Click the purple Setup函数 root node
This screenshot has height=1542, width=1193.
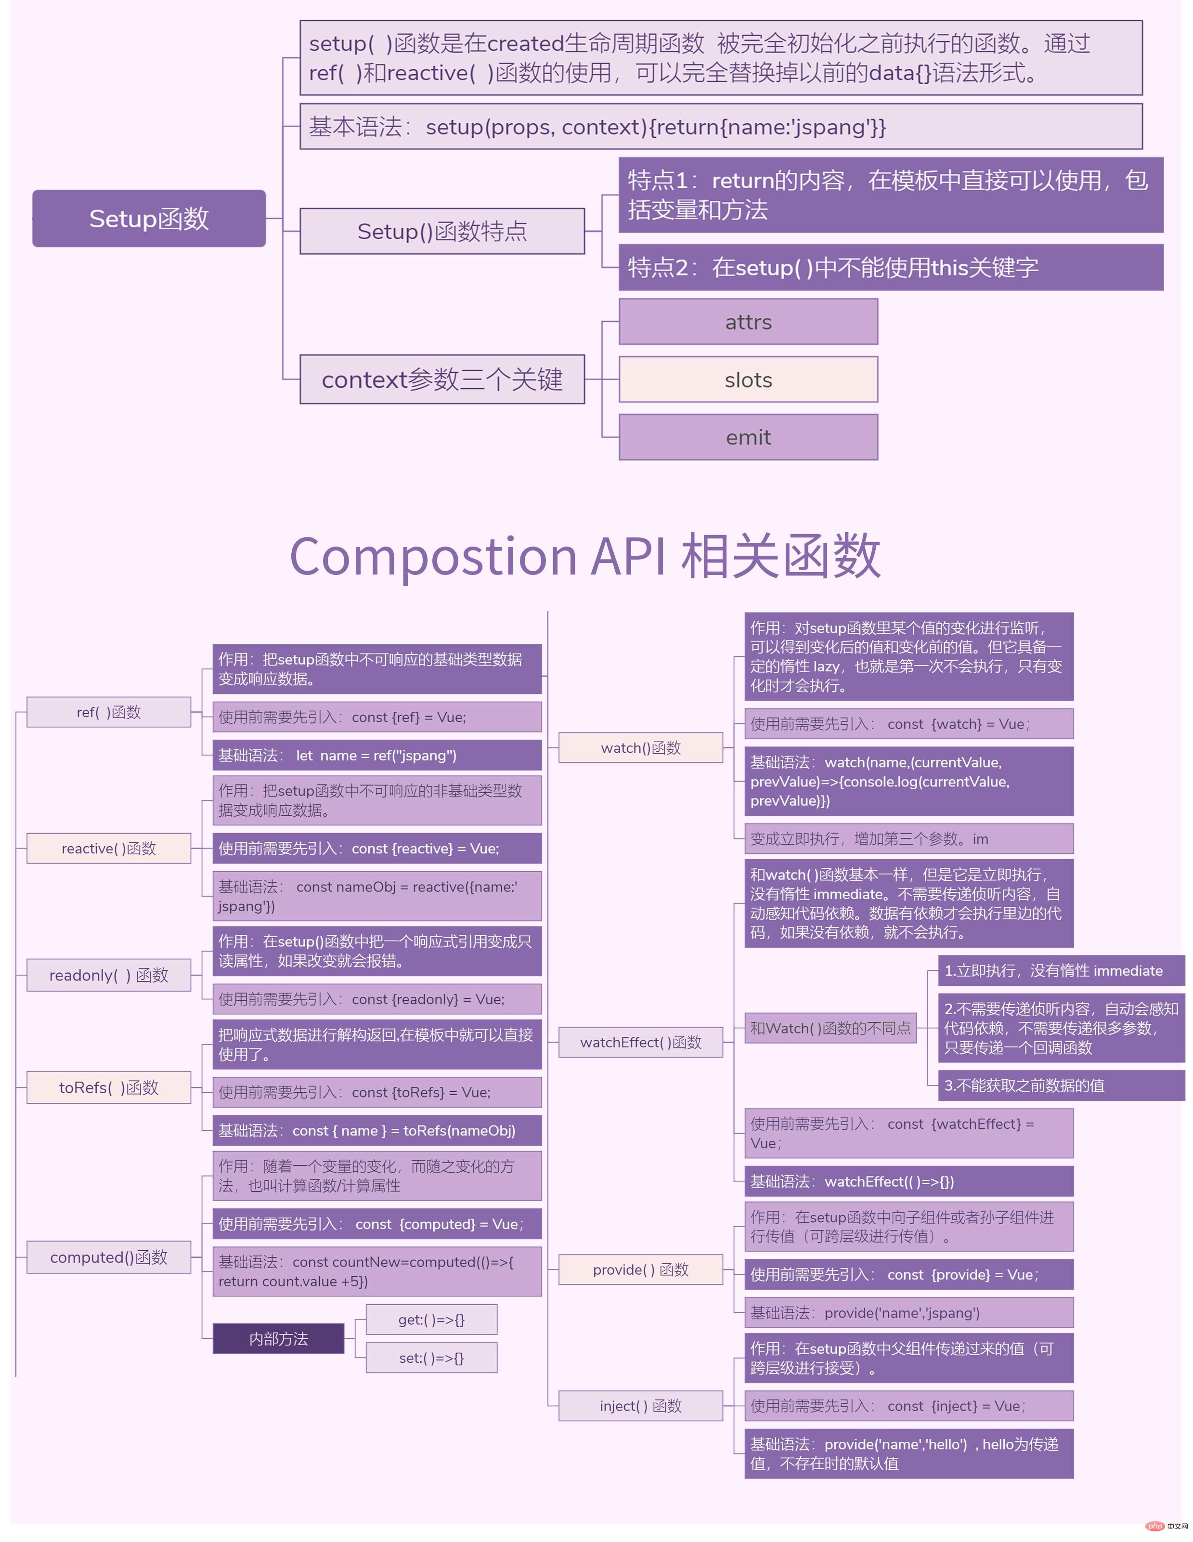coord(149,218)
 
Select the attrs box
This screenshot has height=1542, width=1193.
coord(748,322)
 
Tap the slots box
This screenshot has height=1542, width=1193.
coord(748,380)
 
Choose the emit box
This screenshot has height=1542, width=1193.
coord(748,437)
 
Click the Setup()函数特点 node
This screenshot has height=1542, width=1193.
coord(442,231)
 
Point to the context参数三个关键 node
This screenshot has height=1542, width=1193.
coord(442,379)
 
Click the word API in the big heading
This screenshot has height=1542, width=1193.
coord(629,556)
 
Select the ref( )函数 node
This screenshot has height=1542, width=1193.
coord(109,712)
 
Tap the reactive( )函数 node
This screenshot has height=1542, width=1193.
coord(109,848)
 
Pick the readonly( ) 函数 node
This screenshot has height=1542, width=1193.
coord(109,975)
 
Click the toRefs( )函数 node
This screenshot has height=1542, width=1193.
coord(109,1087)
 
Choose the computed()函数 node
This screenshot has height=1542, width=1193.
coord(109,1257)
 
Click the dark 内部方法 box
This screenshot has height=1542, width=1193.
coord(278,1339)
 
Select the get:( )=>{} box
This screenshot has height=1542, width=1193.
coord(431,1320)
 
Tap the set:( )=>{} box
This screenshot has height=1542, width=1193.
coord(431,1358)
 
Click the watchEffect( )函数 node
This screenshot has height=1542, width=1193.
coord(640,1042)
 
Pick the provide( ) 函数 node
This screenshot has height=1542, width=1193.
coord(640,1269)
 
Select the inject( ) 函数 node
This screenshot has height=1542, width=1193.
coord(640,1406)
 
